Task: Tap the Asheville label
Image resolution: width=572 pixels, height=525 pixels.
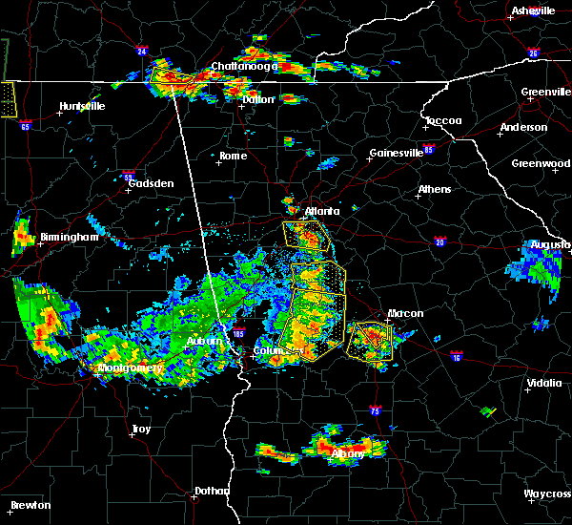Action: (x=533, y=10)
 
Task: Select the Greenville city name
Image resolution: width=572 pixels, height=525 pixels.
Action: (x=545, y=93)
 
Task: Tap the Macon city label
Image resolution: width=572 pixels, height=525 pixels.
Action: (x=405, y=313)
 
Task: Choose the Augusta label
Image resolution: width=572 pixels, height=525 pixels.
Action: (x=550, y=245)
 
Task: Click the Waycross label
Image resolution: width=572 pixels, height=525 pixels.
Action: (x=547, y=494)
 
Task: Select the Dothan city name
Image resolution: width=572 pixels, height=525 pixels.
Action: (x=212, y=491)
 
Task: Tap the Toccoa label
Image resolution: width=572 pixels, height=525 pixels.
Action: (x=443, y=121)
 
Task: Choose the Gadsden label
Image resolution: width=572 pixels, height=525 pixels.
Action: (x=151, y=182)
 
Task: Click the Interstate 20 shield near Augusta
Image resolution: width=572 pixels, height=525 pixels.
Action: (x=440, y=242)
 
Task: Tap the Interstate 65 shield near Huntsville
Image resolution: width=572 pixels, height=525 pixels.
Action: (x=26, y=125)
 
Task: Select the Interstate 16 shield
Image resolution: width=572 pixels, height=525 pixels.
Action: (x=456, y=357)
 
